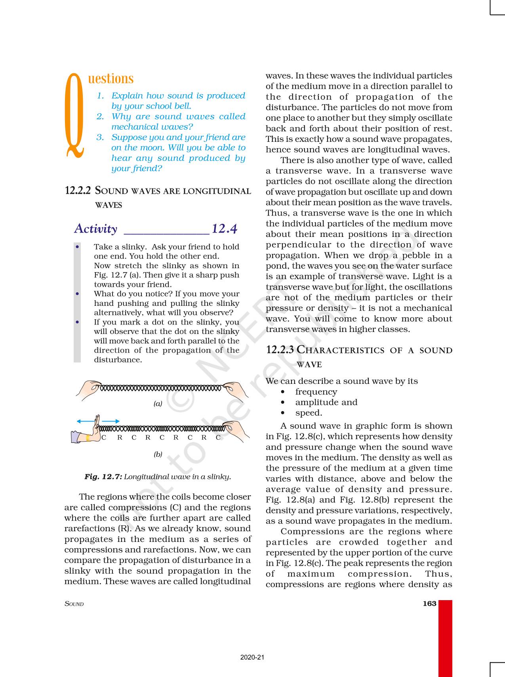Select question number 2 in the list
[x=100, y=116]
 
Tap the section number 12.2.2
[x=78, y=191]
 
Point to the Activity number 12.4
[x=224, y=229]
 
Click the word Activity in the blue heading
[x=96, y=229]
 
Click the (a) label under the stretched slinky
[x=158, y=404]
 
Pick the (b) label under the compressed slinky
[x=158, y=454]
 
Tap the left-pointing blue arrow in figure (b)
[x=84, y=421]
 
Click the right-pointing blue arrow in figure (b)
[x=111, y=421]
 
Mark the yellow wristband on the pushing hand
[x=88, y=438]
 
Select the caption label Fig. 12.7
[x=103, y=477]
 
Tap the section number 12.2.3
[x=280, y=350]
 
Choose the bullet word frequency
[x=316, y=392]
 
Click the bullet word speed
[x=309, y=413]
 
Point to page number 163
[x=429, y=604]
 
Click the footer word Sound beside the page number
[x=74, y=604]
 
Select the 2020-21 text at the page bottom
[x=252, y=657]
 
